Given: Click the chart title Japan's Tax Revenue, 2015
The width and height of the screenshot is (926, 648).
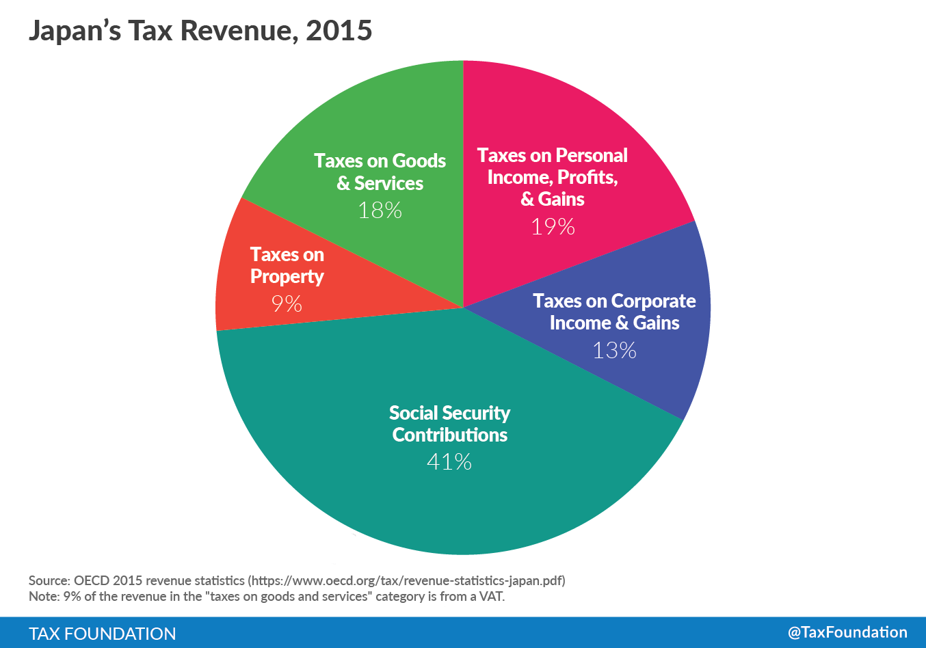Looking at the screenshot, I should point(200,31).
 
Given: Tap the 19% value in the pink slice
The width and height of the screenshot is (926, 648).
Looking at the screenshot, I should point(553,226).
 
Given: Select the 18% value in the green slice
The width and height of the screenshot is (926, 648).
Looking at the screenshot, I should point(380,210).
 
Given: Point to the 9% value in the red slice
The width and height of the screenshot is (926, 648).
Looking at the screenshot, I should point(287,303).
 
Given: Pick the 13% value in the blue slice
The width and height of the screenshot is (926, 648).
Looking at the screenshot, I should point(614,351).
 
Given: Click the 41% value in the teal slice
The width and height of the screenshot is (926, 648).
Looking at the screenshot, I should point(449,462).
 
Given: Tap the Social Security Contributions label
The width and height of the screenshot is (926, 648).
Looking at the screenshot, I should point(449,424).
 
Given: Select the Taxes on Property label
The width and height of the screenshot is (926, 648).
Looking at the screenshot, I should point(287,265).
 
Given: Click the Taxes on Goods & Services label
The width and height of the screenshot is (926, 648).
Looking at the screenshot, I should point(380,172).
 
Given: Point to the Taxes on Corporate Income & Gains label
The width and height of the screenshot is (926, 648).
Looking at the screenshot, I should point(614,312).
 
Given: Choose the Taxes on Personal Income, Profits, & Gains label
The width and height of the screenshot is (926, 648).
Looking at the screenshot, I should point(553,177).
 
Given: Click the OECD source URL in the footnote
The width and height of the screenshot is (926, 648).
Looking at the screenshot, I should point(408,581).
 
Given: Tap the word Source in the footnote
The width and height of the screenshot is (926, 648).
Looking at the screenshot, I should point(49,581).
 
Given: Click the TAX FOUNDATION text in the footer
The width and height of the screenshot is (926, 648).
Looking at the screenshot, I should point(103,634).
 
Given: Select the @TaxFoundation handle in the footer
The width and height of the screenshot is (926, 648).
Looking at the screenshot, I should point(847,632).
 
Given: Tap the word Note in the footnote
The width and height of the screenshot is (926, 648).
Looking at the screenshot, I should point(43,597).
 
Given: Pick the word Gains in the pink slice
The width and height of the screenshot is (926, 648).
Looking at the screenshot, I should point(561,199).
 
